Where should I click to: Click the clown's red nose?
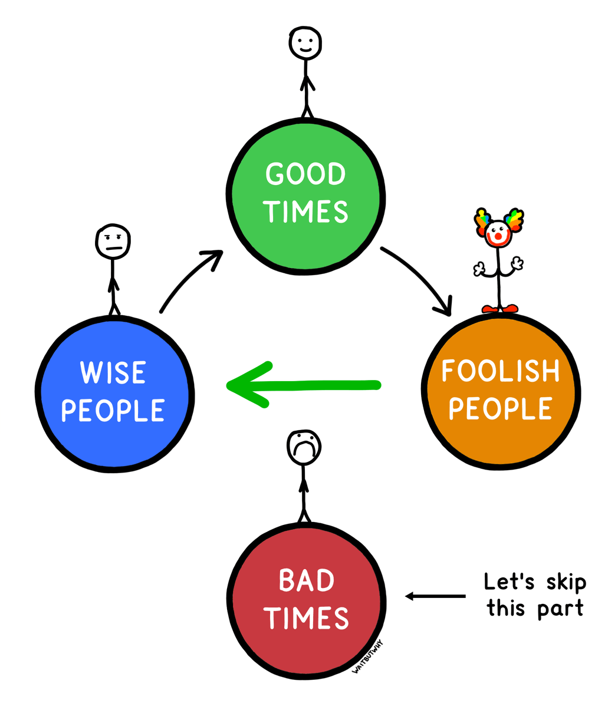tap(498, 236)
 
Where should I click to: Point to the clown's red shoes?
tap(500, 309)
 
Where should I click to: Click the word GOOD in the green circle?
tap(305, 174)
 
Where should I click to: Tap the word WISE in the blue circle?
tap(113, 372)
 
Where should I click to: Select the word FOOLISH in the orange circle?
tap(501, 371)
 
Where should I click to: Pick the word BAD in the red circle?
tap(307, 580)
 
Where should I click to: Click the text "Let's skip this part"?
tap(535, 594)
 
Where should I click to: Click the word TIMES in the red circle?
tap(306, 618)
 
